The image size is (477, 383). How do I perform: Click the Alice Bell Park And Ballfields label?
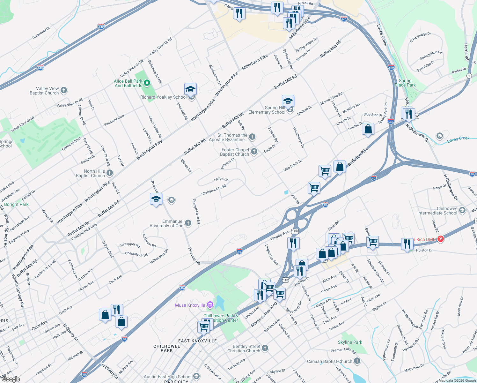128,83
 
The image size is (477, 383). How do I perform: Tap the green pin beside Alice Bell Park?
147,83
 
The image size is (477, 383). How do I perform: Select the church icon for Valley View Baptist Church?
64,90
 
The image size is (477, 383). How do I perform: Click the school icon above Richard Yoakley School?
190,89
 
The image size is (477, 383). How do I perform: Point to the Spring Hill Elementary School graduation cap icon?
288,101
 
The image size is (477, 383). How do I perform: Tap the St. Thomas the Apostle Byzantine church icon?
252,137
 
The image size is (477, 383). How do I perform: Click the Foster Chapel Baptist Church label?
235,152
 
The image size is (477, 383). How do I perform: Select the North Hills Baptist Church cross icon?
110,173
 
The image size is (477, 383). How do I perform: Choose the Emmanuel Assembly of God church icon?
188,223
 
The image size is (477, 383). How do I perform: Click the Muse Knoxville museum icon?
210,305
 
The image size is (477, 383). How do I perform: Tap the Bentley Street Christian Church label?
244,349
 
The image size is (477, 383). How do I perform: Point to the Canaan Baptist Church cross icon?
357,361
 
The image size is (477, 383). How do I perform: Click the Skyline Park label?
350,342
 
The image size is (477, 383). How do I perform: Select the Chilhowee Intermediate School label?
437,211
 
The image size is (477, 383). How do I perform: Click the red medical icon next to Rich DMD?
441,239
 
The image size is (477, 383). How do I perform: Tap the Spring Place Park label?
405,83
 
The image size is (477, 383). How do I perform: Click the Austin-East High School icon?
196,377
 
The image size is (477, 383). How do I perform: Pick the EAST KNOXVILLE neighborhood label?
197,341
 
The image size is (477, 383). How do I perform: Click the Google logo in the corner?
11,379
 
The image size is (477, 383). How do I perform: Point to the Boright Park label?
16,204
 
